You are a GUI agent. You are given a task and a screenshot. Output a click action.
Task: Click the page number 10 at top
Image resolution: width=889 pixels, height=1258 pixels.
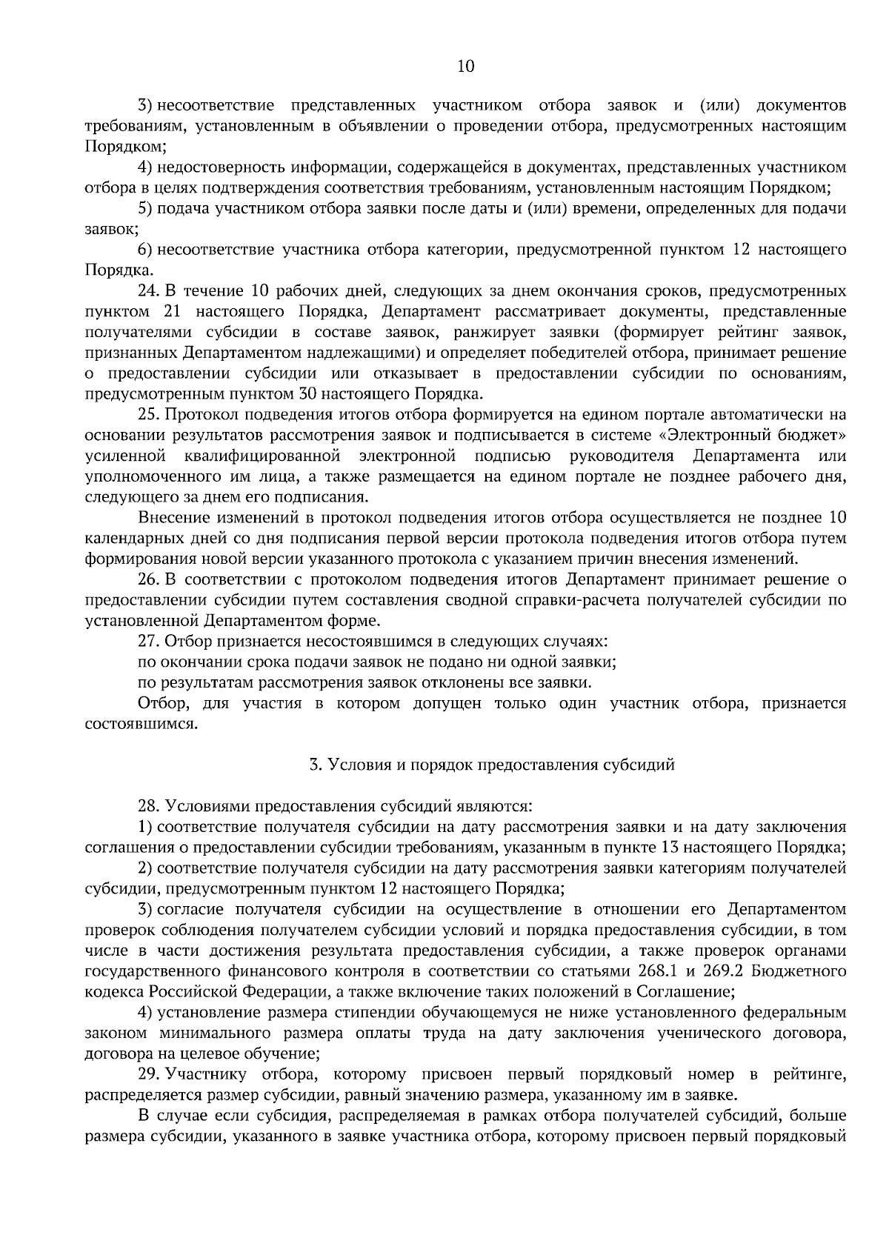[x=465, y=67]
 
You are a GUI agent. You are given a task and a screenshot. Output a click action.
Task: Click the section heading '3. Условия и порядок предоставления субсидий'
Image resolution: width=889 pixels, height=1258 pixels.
[x=492, y=765]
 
